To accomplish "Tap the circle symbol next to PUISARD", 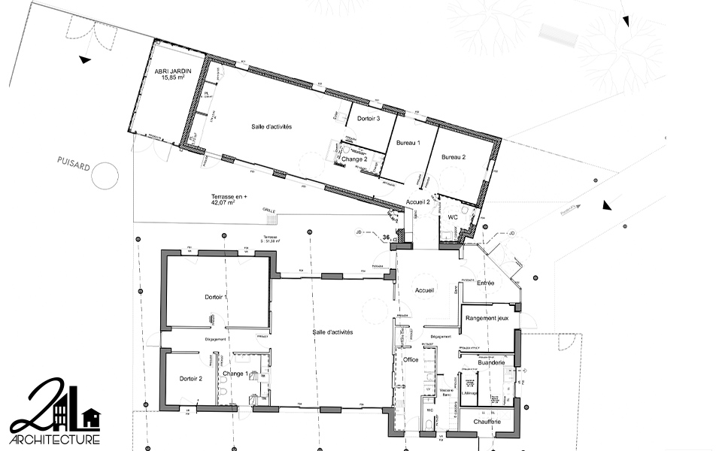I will coord(105,175).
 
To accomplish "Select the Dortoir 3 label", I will coord(368,119).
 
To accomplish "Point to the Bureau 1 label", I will coord(408,142).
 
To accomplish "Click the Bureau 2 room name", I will coord(454,157).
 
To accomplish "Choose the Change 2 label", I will coord(354,159).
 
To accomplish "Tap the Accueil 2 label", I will coord(417,202).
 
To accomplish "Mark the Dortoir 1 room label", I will coord(216,298).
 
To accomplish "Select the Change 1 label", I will coord(236,374).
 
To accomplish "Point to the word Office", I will coord(411,360).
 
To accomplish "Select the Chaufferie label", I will coord(488,422).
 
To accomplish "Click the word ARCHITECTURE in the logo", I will coord(54,439).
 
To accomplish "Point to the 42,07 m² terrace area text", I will coord(229,202).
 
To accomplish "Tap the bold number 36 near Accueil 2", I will coord(386,238).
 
